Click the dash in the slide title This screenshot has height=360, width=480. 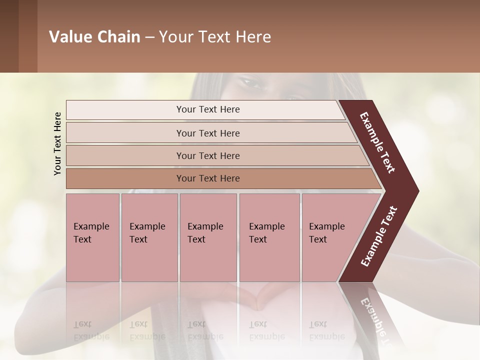[149, 37]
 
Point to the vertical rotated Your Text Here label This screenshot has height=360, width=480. [57, 143]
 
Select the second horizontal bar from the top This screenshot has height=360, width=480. [207, 133]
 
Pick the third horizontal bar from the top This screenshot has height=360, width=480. [207, 155]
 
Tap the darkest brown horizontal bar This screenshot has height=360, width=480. [207, 178]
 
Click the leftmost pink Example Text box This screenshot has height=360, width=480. [92, 237]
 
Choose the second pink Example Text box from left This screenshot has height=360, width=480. [149, 237]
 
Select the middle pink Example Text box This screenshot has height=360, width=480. [208, 237]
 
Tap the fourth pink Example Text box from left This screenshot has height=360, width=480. [269, 237]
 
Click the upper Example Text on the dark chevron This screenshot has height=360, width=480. [377, 142]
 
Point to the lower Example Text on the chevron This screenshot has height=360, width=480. [378, 236]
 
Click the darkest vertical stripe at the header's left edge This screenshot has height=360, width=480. [9, 36]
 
